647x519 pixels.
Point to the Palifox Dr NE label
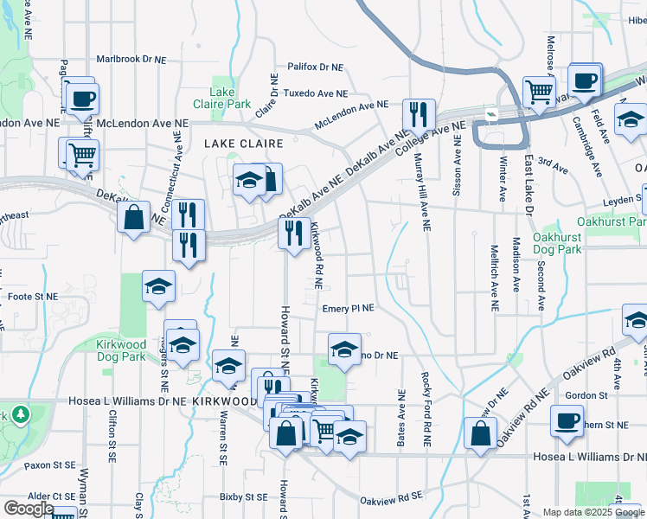[x=313, y=67]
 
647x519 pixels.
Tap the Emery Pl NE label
[x=348, y=308]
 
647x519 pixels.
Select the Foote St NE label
[x=32, y=297]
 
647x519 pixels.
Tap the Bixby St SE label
[x=243, y=497]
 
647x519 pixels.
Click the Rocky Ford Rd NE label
[x=426, y=408]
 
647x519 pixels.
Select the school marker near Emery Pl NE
[x=344, y=349]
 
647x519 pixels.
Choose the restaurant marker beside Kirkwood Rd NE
[x=294, y=232]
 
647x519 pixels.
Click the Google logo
[x=29, y=508]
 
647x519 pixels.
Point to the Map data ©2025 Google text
[x=593, y=512]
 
